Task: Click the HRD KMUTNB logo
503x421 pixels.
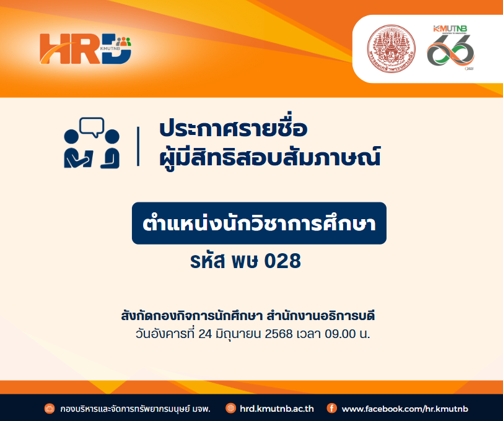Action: pyautogui.click(x=85, y=48)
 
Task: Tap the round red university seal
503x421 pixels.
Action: pyautogui.click(x=391, y=49)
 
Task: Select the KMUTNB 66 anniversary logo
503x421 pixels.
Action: pyautogui.click(x=451, y=48)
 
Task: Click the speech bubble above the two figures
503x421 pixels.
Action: pyautogui.click(x=92, y=128)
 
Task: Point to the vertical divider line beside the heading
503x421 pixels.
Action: pyautogui.click(x=138, y=146)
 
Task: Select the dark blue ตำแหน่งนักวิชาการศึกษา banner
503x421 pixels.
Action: pyautogui.click(x=259, y=223)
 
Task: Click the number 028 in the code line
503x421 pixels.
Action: pyautogui.click(x=282, y=261)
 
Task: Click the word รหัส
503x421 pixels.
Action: pyautogui.click(x=208, y=260)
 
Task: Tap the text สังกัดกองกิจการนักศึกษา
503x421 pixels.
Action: pyautogui.click(x=191, y=316)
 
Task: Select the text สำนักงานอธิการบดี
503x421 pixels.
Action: pyautogui.click(x=321, y=316)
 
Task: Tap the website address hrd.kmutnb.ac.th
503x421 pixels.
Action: pyautogui.click(x=276, y=409)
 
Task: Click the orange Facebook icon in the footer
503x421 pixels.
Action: pyautogui.click(x=331, y=408)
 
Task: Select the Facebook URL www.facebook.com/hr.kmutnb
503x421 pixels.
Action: pyautogui.click(x=405, y=409)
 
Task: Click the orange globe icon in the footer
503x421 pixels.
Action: pyautogui.click(x=230, y=408)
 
